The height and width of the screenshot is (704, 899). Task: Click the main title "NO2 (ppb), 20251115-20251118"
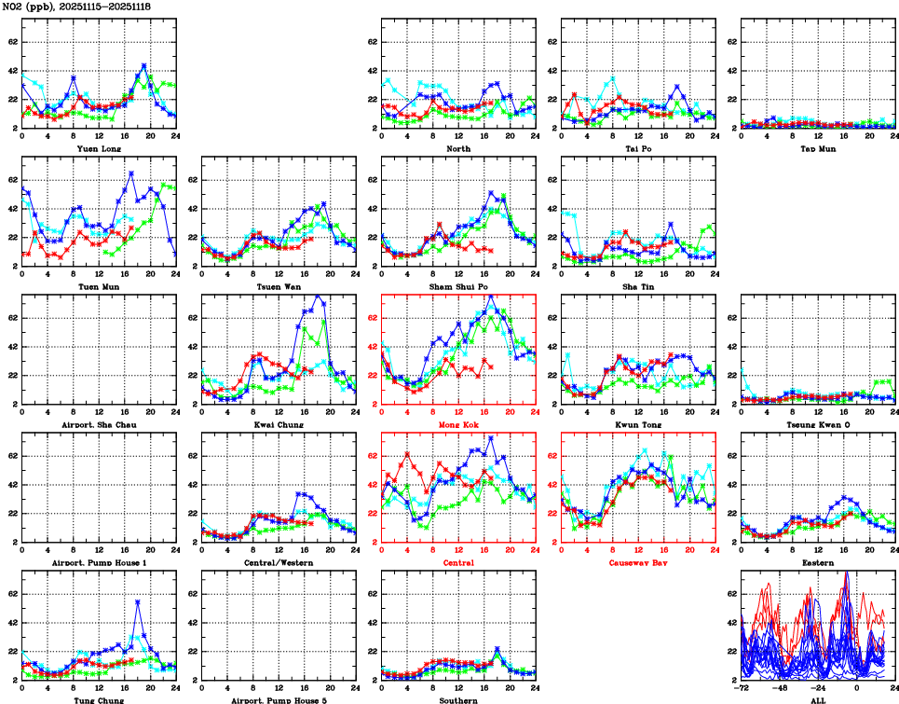pos(77,7)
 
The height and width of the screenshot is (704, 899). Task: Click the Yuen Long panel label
pos(99,148)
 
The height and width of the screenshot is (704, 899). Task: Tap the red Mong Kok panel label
pos(458,424)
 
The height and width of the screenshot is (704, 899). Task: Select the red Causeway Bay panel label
pos(638,563)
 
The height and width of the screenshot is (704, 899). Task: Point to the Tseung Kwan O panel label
pos(817,424)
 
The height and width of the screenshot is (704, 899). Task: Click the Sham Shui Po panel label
pos(458,286)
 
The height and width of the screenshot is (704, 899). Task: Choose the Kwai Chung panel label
pos(279,424)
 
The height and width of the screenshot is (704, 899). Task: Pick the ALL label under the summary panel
pos(817,700)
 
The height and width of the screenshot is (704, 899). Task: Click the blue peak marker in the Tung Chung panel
pos(138,602)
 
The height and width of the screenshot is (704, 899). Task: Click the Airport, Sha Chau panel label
pos(99,424)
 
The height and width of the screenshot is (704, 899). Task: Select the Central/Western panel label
pos(279,563)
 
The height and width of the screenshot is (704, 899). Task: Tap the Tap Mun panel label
pos(817,148)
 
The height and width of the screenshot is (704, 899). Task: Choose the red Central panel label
pos(458,563)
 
